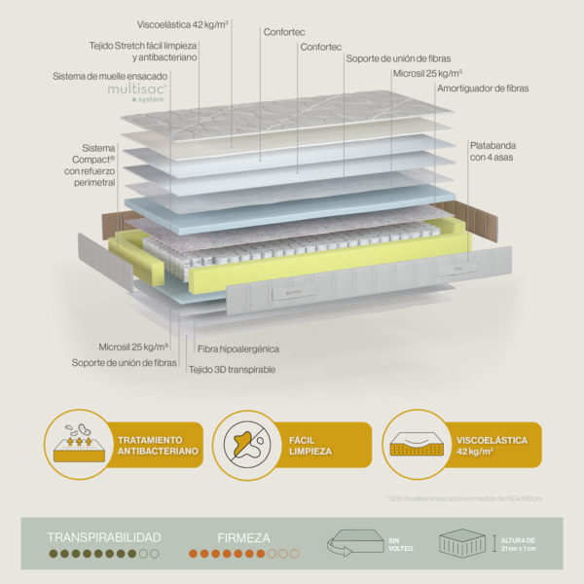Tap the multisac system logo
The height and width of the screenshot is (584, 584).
[x=137, y=91]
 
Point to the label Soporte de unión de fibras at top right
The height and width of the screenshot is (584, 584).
[x=399, y=57]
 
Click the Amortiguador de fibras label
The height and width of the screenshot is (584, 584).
[x=483, y=88]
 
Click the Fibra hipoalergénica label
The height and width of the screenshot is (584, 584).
[x=238, y=347]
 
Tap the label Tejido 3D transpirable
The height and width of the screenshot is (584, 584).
[x=233, y=370]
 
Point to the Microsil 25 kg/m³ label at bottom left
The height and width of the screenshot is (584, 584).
[x=133, y=346]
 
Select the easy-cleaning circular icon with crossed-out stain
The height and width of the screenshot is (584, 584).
[x=247, y=444]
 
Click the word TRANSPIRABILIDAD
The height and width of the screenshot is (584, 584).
[x=104, y=536]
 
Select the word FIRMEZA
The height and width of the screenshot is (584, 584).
[x=243, y=536]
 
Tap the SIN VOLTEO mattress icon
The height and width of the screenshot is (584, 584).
[x=358, y=544]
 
